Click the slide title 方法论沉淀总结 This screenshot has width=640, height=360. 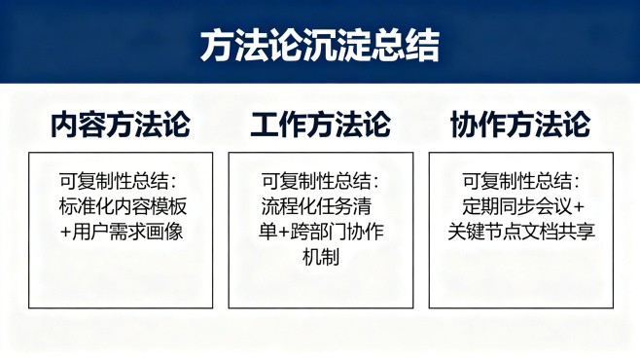point(320,44)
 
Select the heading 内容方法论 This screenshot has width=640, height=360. point(121,126)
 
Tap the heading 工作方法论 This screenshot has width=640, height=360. point(320,126)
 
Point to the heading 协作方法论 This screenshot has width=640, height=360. point(520,126)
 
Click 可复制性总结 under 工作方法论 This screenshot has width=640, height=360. point(316,182)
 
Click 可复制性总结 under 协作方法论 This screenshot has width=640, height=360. point(517,182)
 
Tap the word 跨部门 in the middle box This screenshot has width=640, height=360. point(315,232)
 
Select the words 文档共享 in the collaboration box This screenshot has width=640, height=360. point(554,232)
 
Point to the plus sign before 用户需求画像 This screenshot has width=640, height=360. point(65,233)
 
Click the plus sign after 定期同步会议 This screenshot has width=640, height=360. point(579,207)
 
